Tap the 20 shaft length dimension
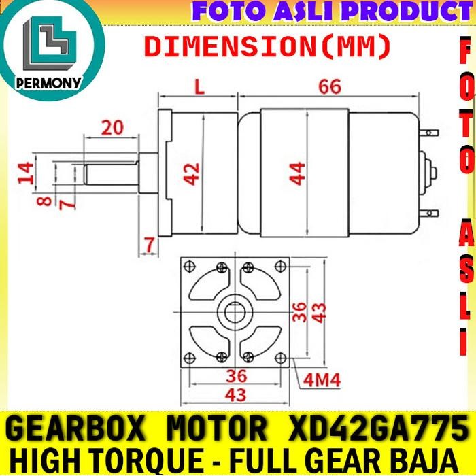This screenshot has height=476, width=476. (113, 126)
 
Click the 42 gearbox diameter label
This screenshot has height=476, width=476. (193, 173)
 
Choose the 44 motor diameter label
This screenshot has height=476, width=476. (297, 173)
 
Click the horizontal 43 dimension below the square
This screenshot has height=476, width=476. (237, 394)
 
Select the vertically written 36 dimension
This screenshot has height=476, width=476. (300, 311)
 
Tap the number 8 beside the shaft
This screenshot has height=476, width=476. (44, 201)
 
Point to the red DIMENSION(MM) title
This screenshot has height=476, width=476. (268, 47)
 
